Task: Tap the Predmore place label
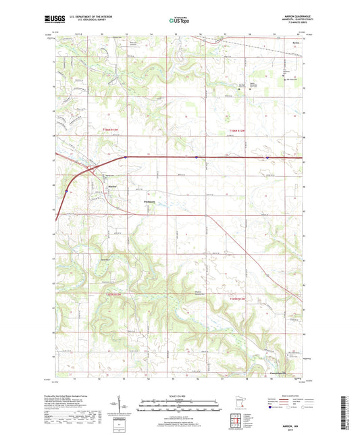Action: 149,201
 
